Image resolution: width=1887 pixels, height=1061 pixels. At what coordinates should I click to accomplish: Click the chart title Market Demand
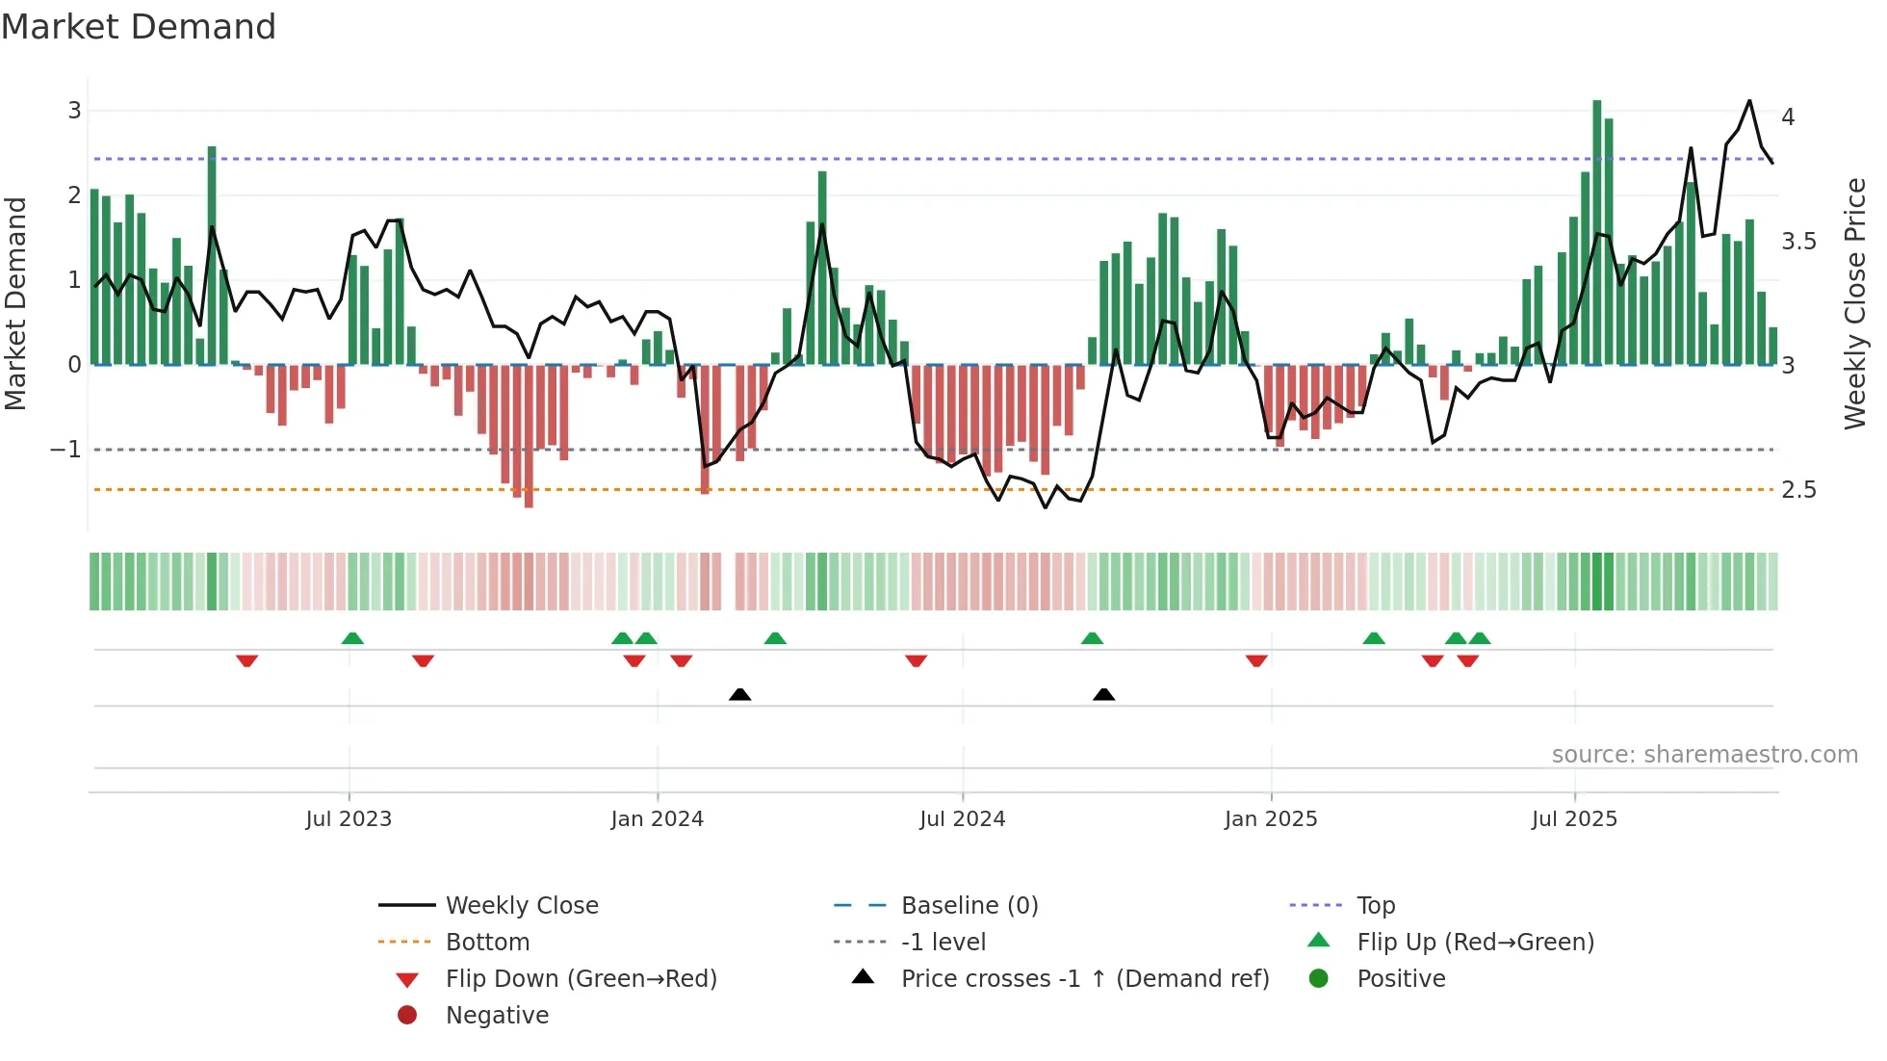139,27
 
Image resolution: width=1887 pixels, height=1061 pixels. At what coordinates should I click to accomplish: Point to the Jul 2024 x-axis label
962,819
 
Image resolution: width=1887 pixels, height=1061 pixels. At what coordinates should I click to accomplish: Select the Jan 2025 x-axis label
1270,819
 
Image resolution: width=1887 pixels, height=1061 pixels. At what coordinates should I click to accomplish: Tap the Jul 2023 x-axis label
349,819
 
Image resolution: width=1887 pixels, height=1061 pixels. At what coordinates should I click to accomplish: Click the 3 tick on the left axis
74,111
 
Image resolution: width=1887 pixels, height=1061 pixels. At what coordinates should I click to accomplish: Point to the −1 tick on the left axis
65,450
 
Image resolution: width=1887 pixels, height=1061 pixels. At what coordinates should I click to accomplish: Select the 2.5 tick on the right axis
1798,490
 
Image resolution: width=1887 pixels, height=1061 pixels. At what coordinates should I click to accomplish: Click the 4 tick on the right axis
1788,117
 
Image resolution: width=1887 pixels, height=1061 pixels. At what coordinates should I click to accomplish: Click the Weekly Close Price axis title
1854,303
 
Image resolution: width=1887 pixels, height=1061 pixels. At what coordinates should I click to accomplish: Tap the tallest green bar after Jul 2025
1596,231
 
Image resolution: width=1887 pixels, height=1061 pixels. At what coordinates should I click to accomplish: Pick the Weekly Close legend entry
521,906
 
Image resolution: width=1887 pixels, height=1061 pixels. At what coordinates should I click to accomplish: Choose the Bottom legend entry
487,943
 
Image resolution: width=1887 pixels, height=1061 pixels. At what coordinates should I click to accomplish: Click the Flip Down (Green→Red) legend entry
581,979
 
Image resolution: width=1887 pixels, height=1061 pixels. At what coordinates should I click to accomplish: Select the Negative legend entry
497,1016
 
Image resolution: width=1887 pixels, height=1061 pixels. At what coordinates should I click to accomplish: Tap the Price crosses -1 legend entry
1084,979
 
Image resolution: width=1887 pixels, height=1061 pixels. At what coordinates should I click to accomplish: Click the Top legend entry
1375,906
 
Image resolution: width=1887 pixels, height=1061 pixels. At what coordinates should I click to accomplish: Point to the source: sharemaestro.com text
1704,755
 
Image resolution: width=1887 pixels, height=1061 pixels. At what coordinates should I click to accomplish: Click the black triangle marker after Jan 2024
739,694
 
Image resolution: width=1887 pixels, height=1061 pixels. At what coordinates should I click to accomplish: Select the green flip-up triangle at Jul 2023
352,638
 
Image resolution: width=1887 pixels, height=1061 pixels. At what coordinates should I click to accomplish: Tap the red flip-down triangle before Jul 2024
916,660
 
